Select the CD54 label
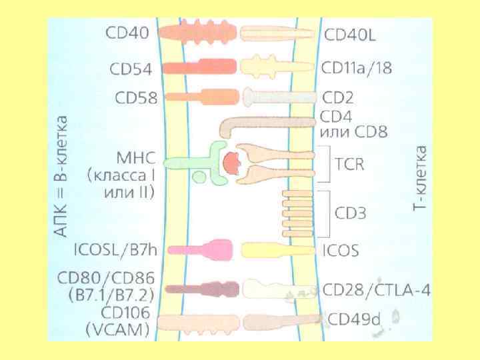[x=131, y=69]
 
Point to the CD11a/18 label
[x=359, y=68]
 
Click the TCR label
[x=350, y=164]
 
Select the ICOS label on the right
[x=340, y=251]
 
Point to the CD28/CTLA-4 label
[x=376, y=290]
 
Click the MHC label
[x=135, y=160]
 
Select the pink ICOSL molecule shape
[x=200, y=251]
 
